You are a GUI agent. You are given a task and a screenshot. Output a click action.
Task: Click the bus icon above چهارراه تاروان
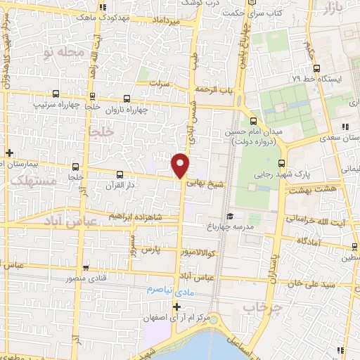click(127, 100)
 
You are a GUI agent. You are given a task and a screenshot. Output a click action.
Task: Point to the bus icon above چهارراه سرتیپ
click(56, 94)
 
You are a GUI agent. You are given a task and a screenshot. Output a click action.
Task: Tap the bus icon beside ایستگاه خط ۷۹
click(317, 69)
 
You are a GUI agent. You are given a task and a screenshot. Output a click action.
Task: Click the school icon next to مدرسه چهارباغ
click(229, 217)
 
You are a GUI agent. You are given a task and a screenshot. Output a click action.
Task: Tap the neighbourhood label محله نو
click(64, 53)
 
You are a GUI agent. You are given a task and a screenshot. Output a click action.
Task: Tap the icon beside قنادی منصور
click(85, 267)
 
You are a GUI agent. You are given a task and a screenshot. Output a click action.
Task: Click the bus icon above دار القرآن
click(119, 174)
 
